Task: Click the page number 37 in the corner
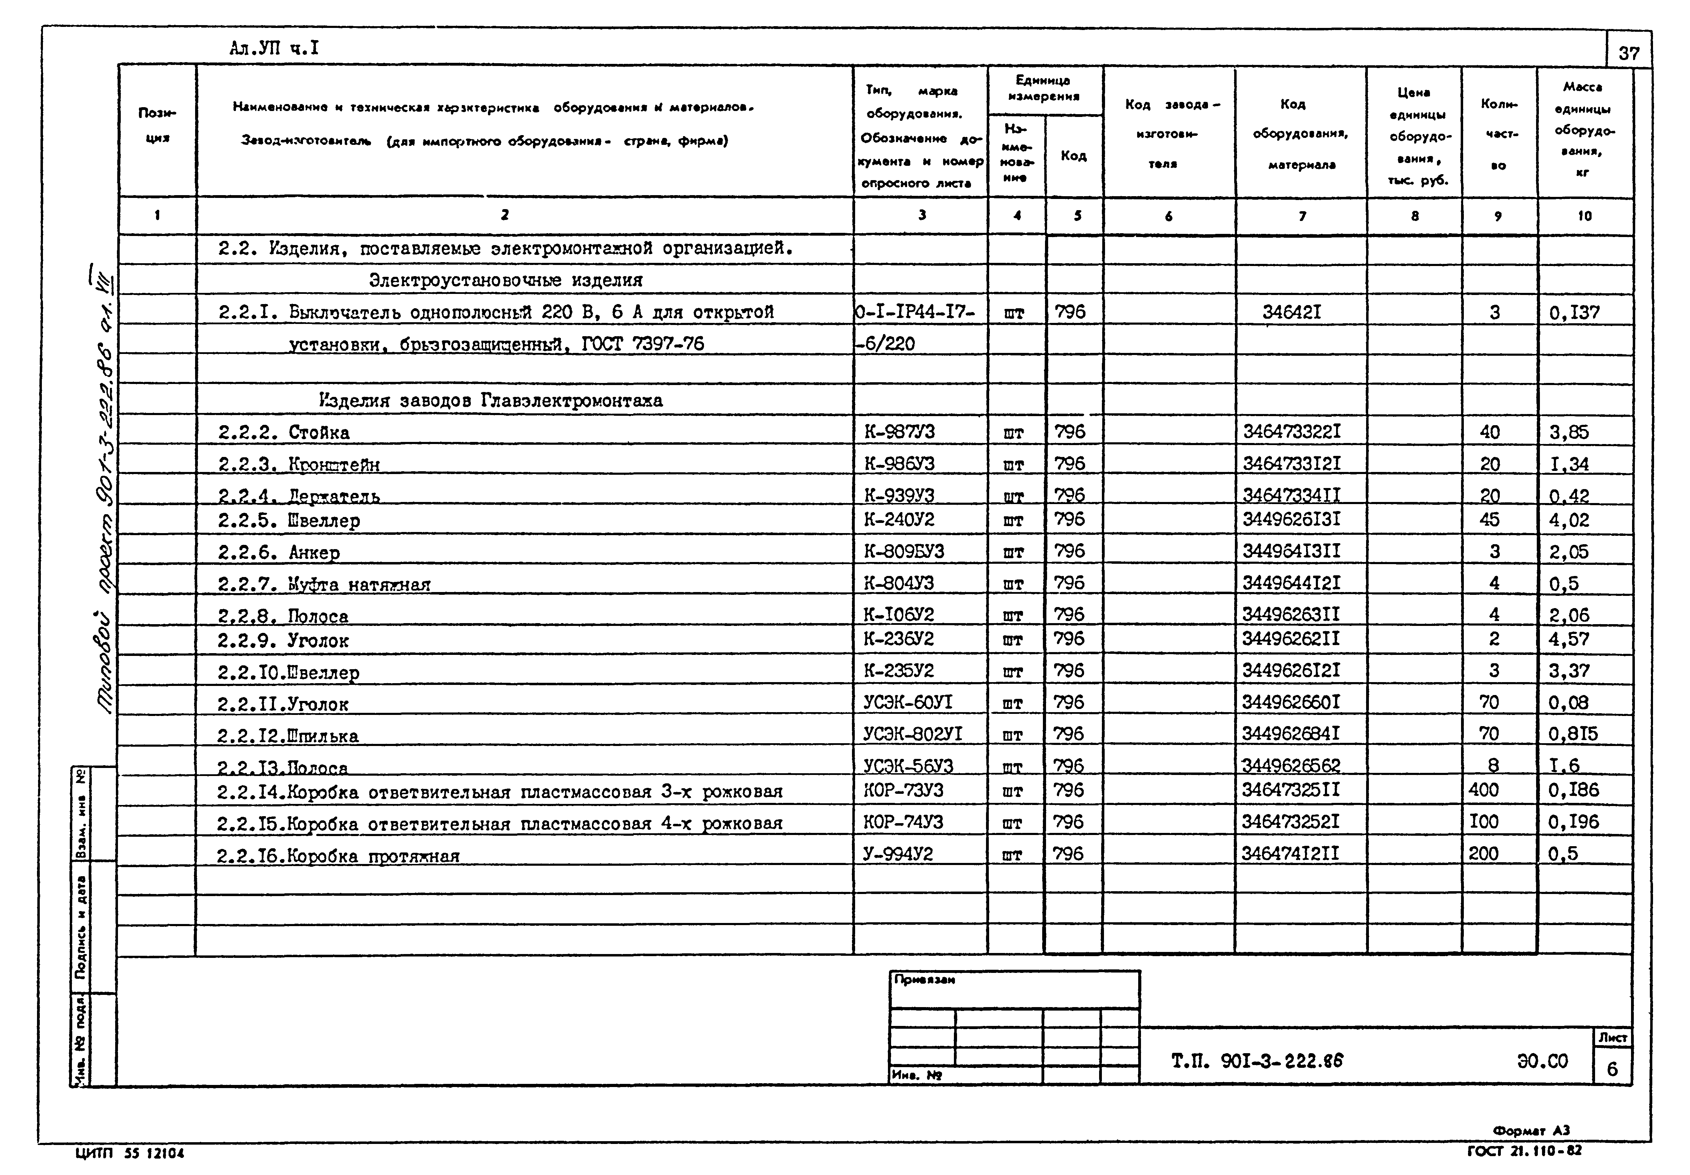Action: pyautogui.click(x=1629, y=53)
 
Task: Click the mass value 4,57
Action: pyautogui.click(x=1569, y=639)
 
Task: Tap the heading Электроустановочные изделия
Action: pyautogui.click(x=506, y=281)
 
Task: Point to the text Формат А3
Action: pyautogui.click(x=1531, y=1130)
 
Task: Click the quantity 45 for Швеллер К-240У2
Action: pyautogui.click(x=1489, y=520)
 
